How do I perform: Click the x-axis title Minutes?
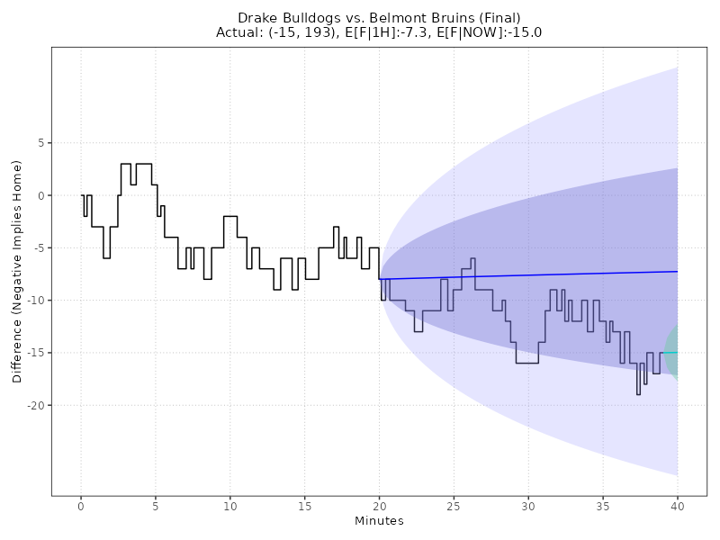pyautogui.click(x=379, y=521)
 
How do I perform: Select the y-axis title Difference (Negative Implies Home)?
pyautogui.click(x=18, y=271)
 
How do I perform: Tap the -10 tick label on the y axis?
pyautogui.click(x=35, y=301)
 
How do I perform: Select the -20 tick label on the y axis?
pyautogui.click(x=35, y=406)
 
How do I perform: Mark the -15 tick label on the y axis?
pyautogui.click(x=35, y=353)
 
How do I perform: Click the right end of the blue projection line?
pyautogui.click(x=677, y=271)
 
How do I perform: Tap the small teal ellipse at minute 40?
pyautogui.click(x=672, y=352)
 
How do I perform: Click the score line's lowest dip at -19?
pyautogui.click(x=638, y=393)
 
